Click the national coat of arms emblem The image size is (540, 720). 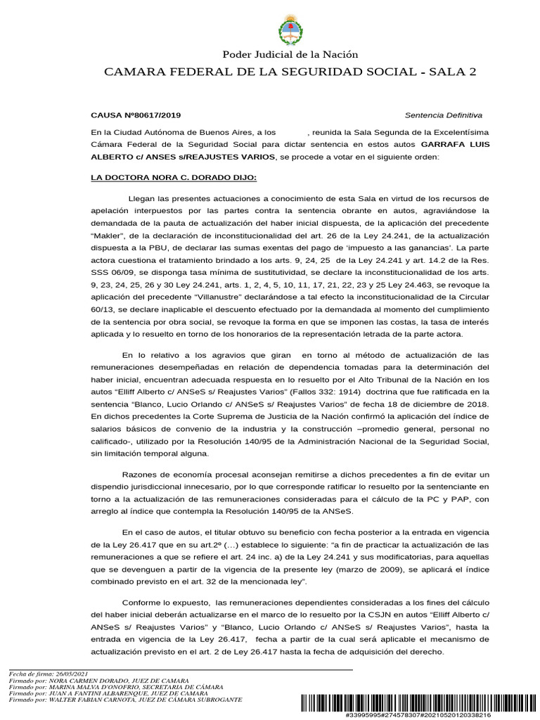[x=290, y=28]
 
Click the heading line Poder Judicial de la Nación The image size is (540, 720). [x=290, y=55]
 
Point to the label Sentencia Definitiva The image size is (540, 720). [x=444, y=115]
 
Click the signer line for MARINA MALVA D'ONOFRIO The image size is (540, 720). [x=116, y=687]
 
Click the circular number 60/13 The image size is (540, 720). [x=103, y=310]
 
